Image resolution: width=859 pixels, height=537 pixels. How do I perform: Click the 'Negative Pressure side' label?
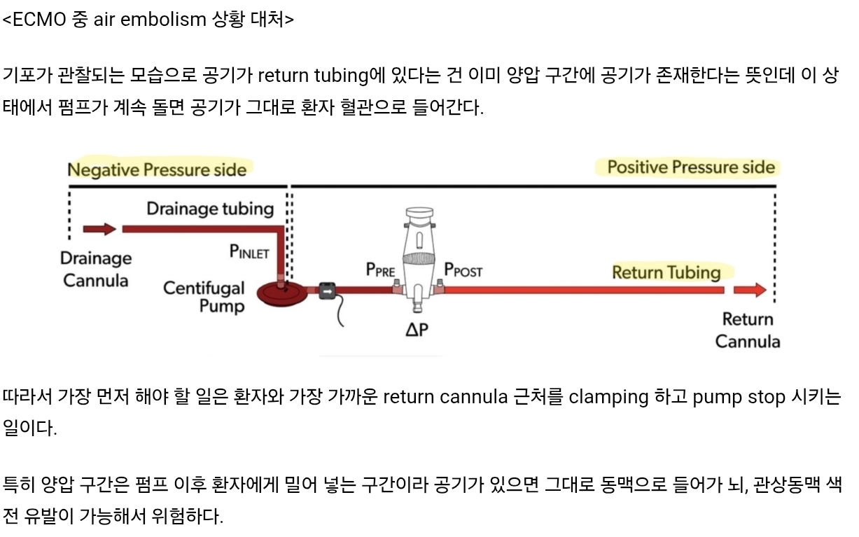(x=157, y=169)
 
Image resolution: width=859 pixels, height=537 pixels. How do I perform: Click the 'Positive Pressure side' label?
(x=691, y=167)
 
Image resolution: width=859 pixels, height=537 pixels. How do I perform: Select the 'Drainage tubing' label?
(x=209, y=208)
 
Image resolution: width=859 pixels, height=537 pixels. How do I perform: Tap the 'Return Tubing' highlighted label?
(x=666, y=272)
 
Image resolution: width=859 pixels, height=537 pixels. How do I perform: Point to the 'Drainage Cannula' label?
(x=95, y=270)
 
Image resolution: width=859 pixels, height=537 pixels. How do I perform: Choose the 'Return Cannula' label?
(x=747, y=330)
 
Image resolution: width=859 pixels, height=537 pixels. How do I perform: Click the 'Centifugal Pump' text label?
(x=204, y=297)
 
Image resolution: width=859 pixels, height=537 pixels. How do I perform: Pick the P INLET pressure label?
(x=249, y=251)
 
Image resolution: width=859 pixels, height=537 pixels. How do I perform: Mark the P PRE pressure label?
(x=381, y=270)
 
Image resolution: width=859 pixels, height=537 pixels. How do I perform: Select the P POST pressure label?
(x=463, y=270)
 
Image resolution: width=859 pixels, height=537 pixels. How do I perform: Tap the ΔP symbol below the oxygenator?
(x=416, y=328)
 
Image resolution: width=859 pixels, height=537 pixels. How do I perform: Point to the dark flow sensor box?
(x=328, y=289)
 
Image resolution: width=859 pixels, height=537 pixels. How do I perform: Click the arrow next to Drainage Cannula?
(x=99, y=228)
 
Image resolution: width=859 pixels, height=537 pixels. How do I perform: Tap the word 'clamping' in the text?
(x=608, y=397)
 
